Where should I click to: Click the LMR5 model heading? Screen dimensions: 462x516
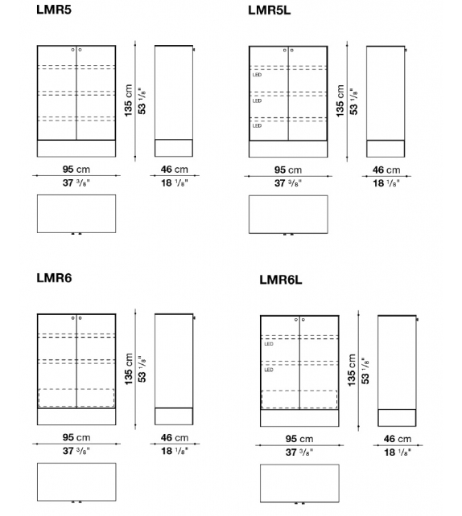click(54, 10)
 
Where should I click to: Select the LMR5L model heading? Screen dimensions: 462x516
click(269, 10)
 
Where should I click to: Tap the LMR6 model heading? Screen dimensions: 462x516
click(54, 278)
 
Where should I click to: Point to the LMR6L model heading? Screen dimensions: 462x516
click(280, 280)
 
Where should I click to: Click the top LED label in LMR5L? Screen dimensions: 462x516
click(257, 75)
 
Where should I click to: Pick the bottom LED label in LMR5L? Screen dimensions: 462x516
click(257, 125)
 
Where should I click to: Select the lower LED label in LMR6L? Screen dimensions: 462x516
click(269, 370)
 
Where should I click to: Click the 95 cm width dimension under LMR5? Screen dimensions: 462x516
click(76, 169)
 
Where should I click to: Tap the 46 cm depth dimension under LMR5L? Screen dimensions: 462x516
click(386, 170)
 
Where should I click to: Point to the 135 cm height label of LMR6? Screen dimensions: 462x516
click(129, 369)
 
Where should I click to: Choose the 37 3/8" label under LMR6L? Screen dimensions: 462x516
click(299, 453)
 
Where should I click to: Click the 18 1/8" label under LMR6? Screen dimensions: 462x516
click(175, 451)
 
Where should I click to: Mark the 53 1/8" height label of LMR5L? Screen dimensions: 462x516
click(354, 101)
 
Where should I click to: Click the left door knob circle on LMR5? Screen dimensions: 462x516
click(72, 50)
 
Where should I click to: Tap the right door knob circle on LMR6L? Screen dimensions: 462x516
click(303, 320)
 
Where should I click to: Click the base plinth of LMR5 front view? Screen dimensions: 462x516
click(76, 149)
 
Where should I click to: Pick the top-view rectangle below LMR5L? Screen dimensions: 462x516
click(288, 215)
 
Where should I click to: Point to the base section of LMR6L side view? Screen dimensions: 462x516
click(397, 418)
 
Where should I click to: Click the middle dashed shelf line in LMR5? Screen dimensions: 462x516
click(76, 93)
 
